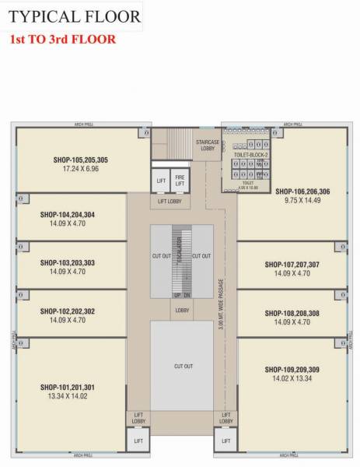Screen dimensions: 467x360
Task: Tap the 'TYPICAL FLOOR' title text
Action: tap(75, 16)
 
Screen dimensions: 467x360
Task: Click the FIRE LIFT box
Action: tap(180, 178)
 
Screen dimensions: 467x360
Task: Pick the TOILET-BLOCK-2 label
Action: tap(250, 156)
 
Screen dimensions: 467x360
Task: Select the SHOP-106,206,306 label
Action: tap(302, 191)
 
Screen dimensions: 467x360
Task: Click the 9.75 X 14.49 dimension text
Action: tap(302, 199)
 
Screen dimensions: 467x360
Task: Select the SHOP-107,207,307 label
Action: tap(292, 265)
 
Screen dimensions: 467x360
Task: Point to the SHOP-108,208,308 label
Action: tap(292, 313)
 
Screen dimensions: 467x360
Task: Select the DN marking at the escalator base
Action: tap(187, 296)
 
